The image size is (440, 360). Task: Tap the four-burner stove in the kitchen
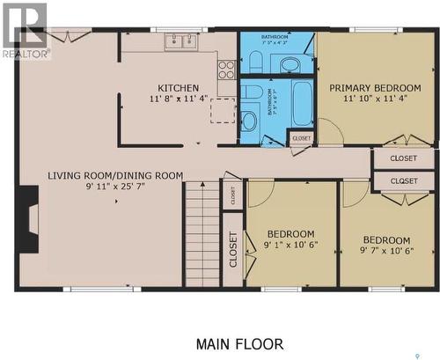point(226,69)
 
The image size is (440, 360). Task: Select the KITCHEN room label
point(178,88)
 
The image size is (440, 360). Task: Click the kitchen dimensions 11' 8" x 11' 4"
point(178,99)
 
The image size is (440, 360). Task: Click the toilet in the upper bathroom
point(255,61)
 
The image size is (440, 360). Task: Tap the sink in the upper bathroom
point(291,62)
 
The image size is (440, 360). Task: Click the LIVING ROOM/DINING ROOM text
point(115,175)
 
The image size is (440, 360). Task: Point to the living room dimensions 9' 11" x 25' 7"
point(115,187)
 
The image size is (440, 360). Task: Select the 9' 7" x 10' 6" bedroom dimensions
point(386,252)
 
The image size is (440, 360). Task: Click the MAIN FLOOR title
point(239,343)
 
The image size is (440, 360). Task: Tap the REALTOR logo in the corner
point(25,31)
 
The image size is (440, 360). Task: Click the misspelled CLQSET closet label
point(403,180)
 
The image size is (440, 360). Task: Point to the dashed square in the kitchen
point(222,111)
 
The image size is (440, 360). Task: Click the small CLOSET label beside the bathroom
point(301,138)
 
